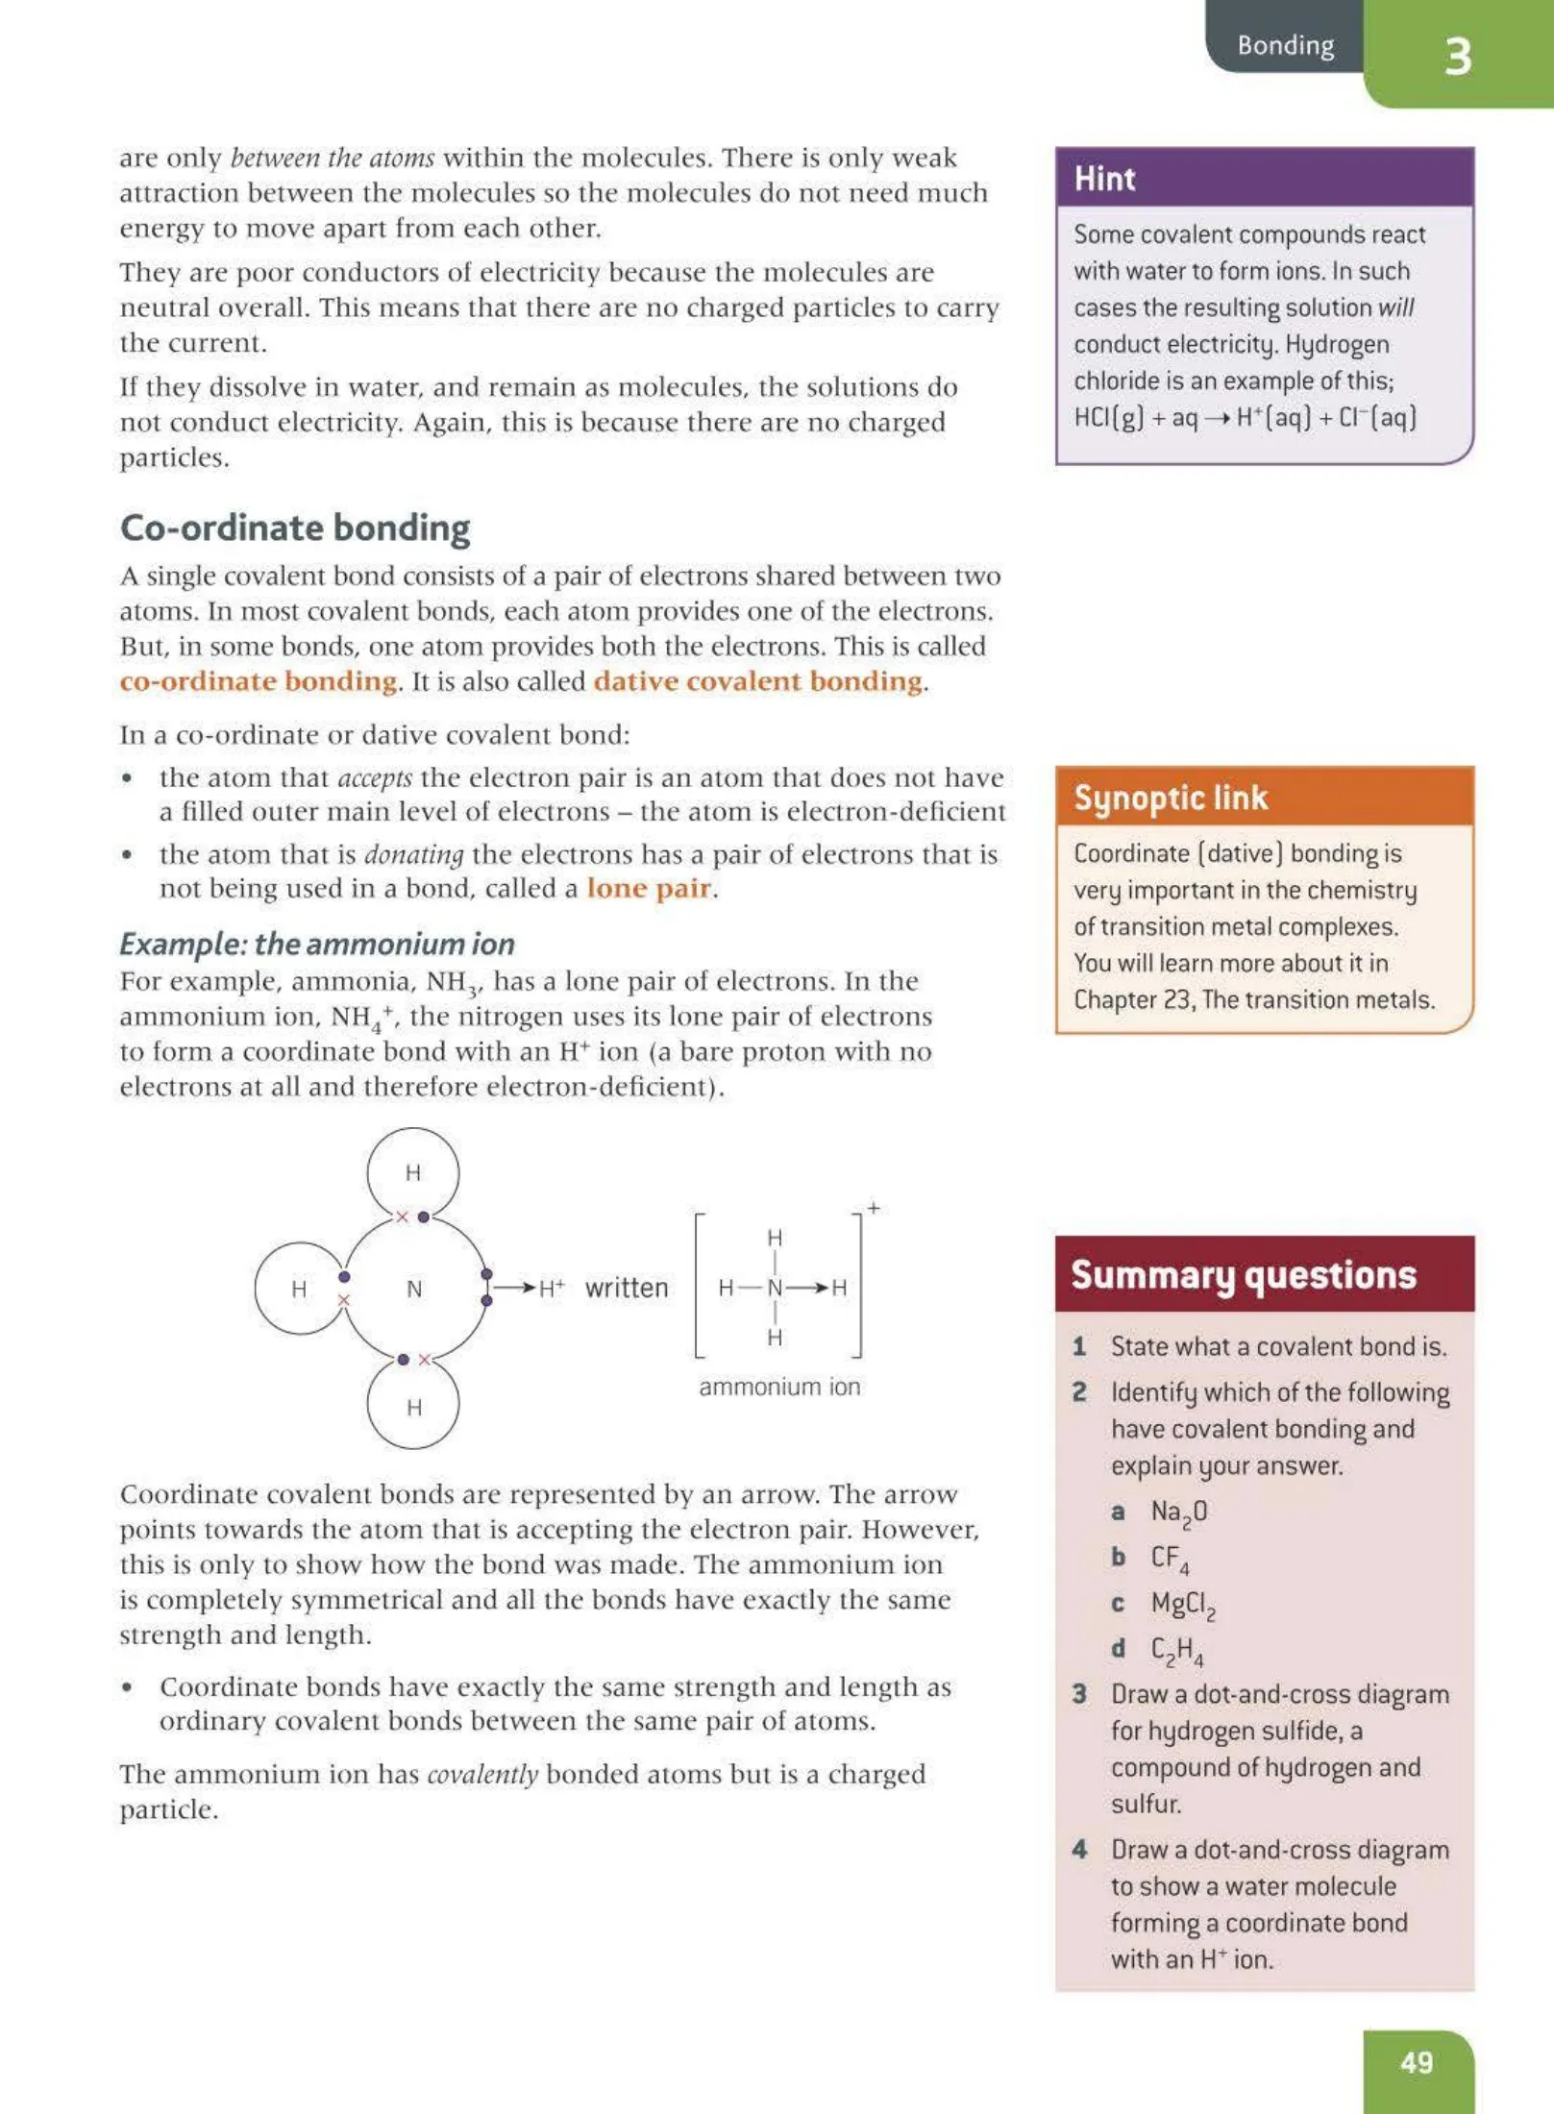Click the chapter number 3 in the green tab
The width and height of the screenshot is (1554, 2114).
[x=1457, y=57]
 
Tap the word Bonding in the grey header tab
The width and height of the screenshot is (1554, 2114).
[x=1285, y=45]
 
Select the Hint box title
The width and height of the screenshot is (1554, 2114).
[x=1104, y=179]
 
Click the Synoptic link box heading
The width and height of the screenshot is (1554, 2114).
[x=1170, y=798]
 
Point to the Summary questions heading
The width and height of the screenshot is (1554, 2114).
[x=1243, y=1275]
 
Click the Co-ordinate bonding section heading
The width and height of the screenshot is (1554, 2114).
[x=294, y=528]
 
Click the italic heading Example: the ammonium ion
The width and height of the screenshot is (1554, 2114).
[x=316, y=944]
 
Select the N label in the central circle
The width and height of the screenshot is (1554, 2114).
[x=414, y=1289]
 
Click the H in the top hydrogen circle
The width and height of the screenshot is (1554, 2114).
[x=413, y=1172]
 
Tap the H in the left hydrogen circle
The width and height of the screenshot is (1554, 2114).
[x=299, y=1289]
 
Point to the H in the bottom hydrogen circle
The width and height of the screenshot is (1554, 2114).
[x=414, y=1408]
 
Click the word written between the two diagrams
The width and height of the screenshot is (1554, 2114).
[x=626, y=1288]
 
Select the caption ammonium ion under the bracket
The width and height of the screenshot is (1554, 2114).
[x=778, y=1387]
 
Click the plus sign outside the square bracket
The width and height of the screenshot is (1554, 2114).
[x=873, y=1208]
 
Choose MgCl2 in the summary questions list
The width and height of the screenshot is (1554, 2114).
[x=1182, y=1604]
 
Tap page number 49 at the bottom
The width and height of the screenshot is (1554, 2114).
[x=1417, y=2062]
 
